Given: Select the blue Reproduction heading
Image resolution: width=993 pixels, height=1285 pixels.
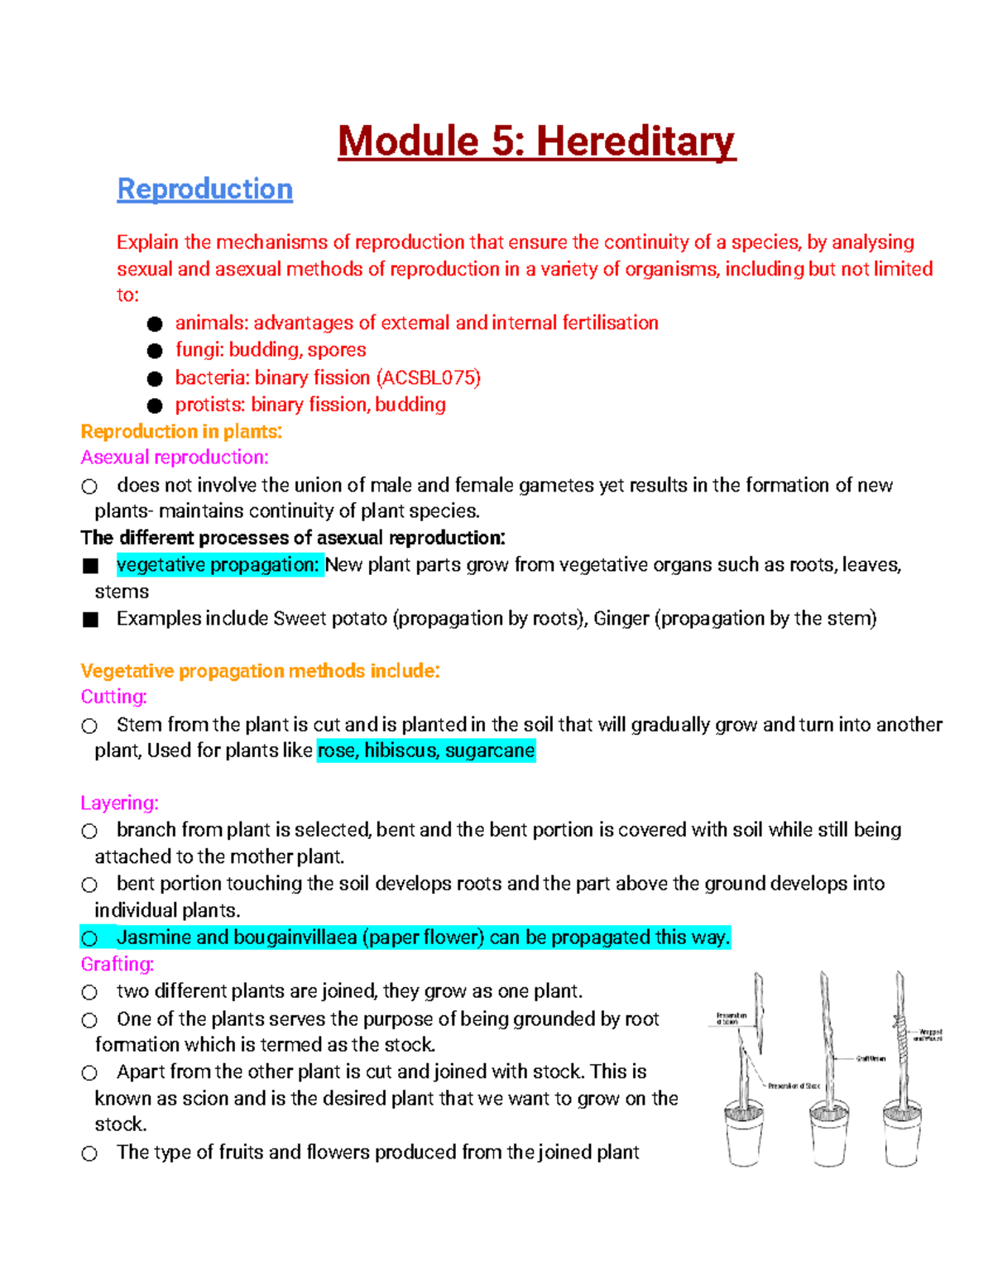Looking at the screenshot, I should point(204,189).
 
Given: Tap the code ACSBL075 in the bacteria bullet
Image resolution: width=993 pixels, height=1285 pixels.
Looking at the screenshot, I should point(428,377).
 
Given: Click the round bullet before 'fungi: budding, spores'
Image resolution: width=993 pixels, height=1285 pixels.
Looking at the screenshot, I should point(155,351).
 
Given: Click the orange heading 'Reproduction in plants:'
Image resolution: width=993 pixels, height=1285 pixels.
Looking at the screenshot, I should point(181,431).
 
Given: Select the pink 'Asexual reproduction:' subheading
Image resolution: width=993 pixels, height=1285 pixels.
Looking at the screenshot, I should point(174,458).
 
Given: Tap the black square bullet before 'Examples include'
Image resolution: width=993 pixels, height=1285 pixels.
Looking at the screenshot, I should point(91,620).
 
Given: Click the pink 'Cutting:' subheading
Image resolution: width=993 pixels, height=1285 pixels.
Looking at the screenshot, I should point(113,697).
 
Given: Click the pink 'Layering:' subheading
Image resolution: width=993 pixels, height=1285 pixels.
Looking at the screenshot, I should point(119,803).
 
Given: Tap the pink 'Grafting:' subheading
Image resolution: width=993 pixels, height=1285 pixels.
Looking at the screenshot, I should point(117,964).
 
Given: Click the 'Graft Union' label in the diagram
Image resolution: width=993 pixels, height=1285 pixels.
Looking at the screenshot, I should point(871,1058).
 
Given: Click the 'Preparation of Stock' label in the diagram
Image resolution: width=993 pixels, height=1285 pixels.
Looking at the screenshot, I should point(794,1086).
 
